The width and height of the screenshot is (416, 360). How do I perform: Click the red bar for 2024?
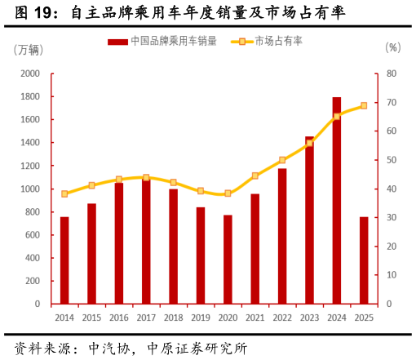[336, 201]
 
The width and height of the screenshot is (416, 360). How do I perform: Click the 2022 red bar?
[282, 237]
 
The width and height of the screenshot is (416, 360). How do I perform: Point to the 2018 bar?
[173, 247]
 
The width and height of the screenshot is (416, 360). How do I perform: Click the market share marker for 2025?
[364, 105]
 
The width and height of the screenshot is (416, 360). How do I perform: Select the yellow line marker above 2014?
[64, 193]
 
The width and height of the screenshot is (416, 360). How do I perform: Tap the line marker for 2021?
[254, 176]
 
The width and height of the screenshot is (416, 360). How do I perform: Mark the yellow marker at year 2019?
[201, 190]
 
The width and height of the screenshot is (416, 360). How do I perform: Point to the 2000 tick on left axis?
[30, 73]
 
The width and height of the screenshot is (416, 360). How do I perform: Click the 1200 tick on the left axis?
[30, 166]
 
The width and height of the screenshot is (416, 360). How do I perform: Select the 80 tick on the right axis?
[392, 73]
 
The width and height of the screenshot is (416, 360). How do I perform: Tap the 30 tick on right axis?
[392, 218]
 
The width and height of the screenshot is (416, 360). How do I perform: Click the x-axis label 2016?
[119, 318]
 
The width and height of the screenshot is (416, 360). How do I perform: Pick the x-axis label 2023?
[309, 318]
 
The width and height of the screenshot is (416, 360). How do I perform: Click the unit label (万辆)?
[29, 49]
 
